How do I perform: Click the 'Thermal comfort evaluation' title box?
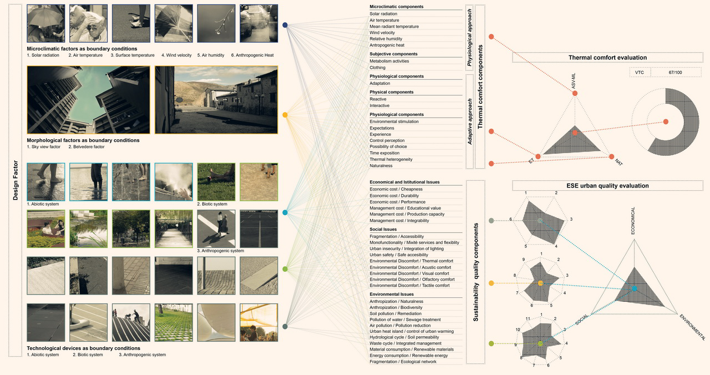coord(607,58)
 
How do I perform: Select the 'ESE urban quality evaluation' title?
coord(607,185)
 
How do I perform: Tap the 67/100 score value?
coord(674,73)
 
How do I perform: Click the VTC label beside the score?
coord(640,73)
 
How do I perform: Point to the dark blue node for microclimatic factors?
coord(285,25)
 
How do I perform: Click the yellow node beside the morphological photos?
coord(285,115)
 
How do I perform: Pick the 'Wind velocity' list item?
coord(382,33)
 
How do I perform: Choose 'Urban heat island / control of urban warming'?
coord(411,331)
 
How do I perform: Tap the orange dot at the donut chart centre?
coord(666,121)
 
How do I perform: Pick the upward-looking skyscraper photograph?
coord(88,100)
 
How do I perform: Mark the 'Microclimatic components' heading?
coord(396,7)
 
